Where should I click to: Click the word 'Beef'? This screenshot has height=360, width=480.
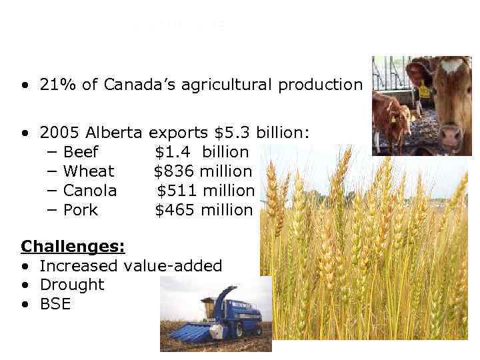80,152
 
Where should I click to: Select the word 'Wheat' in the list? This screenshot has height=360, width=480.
89,171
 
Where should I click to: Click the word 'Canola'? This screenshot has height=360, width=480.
90,191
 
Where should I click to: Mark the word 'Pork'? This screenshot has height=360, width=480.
80,210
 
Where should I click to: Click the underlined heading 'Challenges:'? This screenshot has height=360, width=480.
73,247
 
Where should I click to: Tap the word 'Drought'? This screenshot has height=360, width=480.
72,285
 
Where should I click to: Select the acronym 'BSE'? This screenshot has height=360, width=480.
55,305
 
